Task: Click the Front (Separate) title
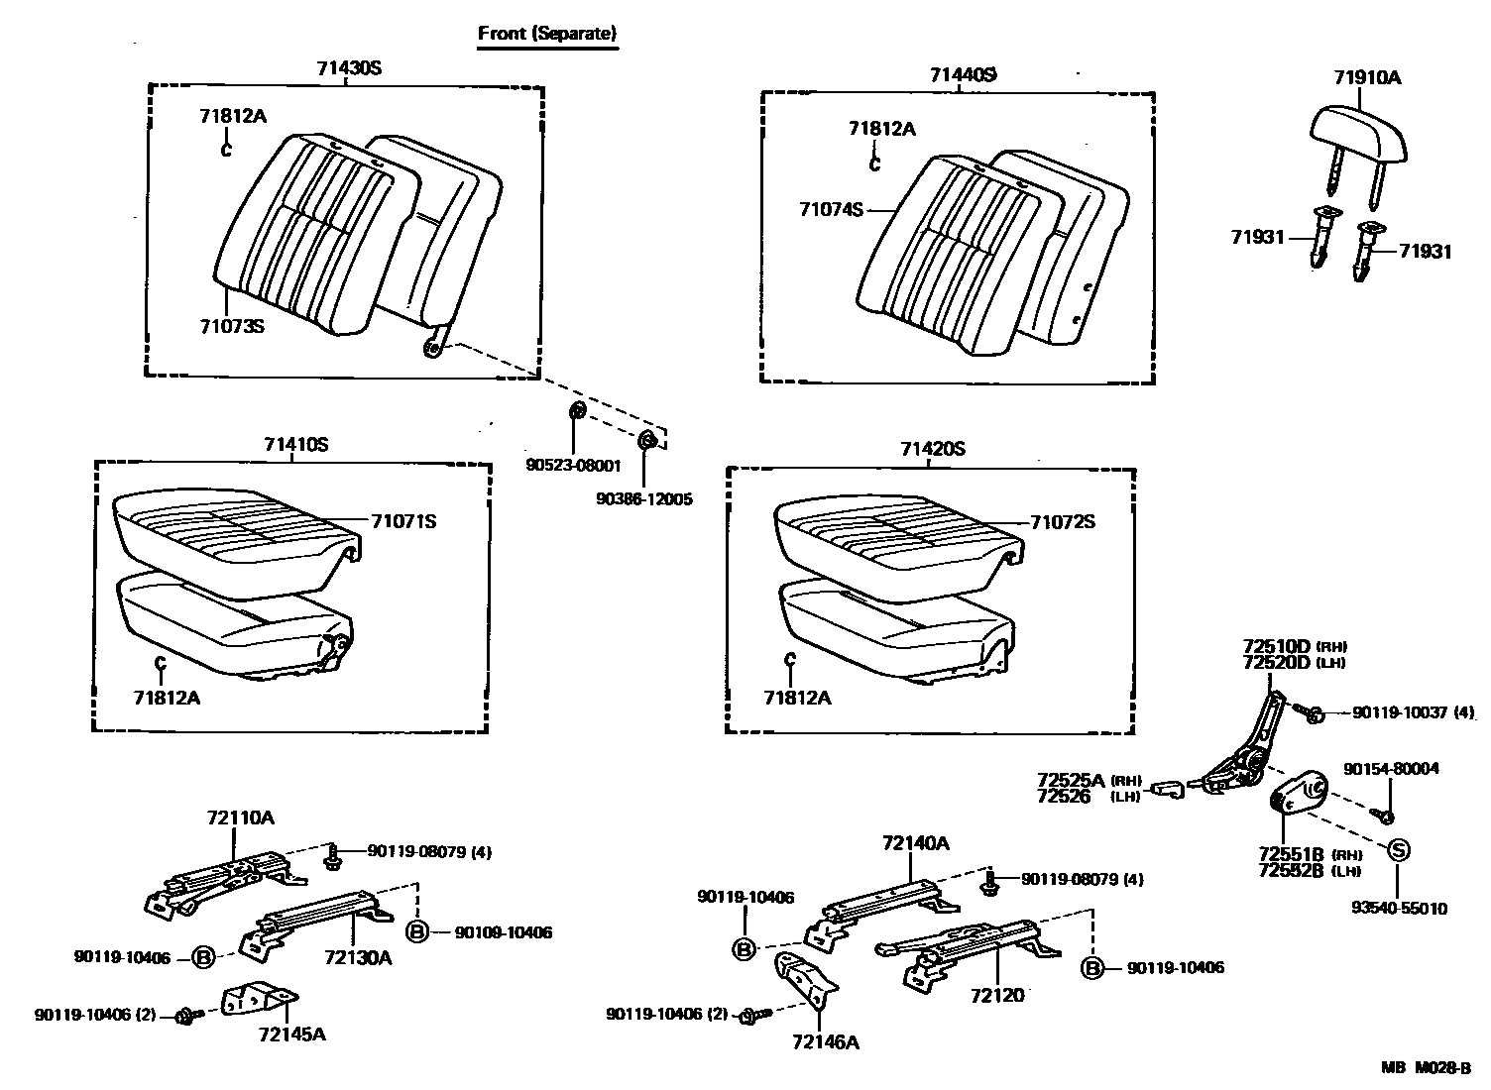click(x=547, y=33)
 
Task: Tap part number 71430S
click(x=349, y=68)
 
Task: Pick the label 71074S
click(x=832, y=209)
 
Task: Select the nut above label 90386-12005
click(x=646, y=440)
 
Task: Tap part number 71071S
click(x=403, y=521)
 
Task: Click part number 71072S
click(x=1062, y=522)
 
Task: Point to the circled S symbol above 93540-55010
click(x=1397, y=849)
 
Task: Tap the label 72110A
click(x=240, y=817)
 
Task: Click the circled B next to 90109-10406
click(x=417, y=931)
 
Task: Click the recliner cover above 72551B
click(x=1300, y=792)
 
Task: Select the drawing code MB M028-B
click(x=1427, y=1067)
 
